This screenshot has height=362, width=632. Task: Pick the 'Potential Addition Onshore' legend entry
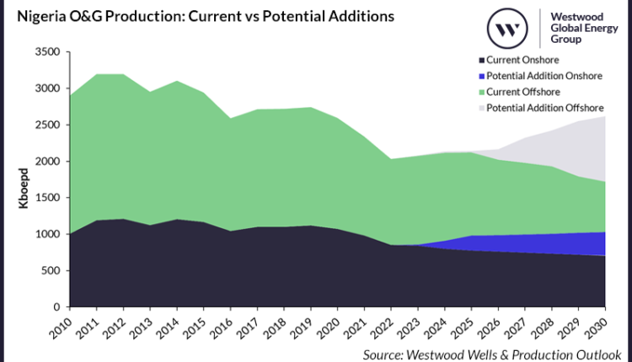(540, 76)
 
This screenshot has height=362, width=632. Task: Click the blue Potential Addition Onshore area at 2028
(552, 244)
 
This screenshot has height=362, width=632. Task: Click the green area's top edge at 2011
(99, 75)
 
